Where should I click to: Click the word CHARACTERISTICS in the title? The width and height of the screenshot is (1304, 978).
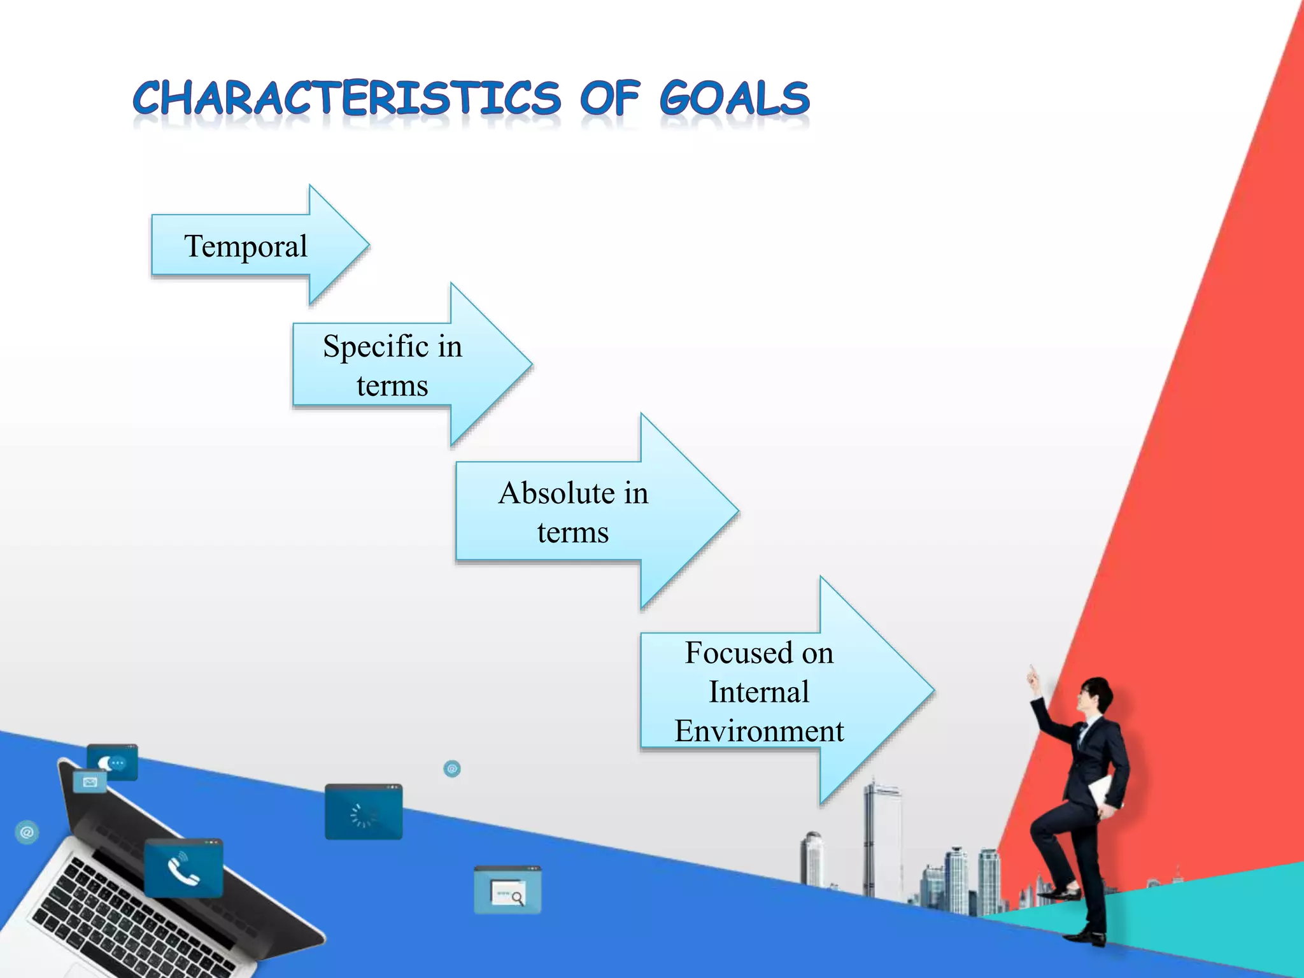point(347,99)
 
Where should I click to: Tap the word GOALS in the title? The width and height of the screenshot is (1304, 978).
point(734,99)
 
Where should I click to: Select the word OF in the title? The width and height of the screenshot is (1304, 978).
point(609,99)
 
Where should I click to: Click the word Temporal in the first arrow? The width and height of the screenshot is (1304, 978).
point(246,246)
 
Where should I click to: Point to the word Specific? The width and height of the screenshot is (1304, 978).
point(376,347)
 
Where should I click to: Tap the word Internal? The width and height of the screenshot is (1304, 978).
point(759,692)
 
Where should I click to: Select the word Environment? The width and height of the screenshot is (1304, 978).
point(759,731)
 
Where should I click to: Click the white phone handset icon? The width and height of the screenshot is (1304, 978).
point(183,870)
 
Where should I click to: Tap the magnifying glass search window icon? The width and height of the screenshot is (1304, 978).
point(508,891)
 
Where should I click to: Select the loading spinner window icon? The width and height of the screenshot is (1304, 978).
point(364,813)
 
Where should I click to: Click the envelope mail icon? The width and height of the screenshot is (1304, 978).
point(90,782)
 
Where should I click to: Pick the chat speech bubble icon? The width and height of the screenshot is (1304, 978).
point(113,762)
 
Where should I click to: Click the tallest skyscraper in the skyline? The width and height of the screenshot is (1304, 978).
point(882,834)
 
